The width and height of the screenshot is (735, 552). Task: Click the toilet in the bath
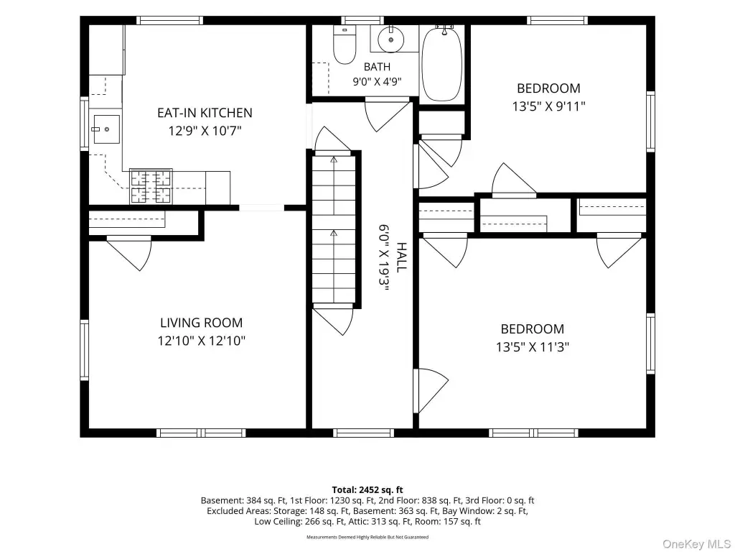tap(344, 45)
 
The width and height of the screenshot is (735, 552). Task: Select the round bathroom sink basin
tap(391, 40)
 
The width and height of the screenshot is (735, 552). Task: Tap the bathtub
tap(442, 64)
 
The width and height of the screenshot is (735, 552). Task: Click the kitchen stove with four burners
tap(151, 186)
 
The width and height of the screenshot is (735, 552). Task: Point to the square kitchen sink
tap(106, 129)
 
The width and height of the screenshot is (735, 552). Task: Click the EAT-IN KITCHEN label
tap(205, 113)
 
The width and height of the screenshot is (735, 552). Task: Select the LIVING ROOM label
tap(202, 323)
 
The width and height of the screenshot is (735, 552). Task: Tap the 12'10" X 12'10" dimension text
tap(202, 340)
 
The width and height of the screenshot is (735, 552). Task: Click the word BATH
tap(377, 67)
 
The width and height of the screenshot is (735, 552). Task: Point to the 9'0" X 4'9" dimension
tap(377, 82)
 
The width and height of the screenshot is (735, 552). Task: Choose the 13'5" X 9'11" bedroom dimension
tap(548, 106)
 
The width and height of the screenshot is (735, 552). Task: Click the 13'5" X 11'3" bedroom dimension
tap(533, 347)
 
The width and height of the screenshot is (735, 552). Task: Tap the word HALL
tap(401, 257)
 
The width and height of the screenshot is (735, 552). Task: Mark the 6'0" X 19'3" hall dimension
tap(384, 258)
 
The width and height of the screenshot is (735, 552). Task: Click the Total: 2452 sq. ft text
tap(367, 490)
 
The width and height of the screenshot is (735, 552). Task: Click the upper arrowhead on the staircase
tap(334, 160)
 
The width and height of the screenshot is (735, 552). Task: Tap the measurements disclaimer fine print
tap(367, 537)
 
